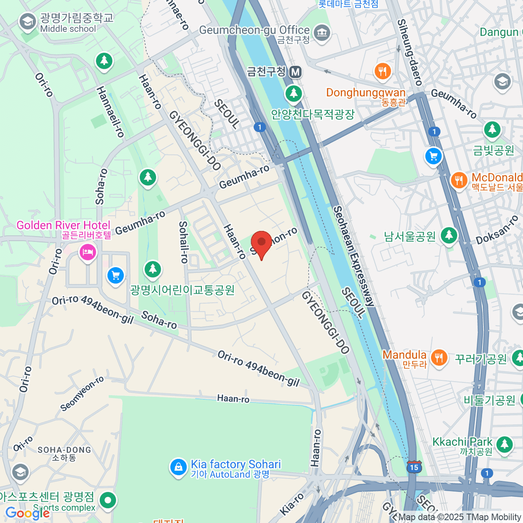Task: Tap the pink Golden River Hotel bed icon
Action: click(88, 252)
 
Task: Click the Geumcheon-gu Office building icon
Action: click(322, 33)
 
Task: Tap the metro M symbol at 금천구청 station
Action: click(295, 71)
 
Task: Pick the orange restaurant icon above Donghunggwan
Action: click(383, 71)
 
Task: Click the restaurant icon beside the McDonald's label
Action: click(458, 180)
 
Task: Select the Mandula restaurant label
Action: click(404, 355)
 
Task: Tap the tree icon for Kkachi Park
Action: click(504, 444)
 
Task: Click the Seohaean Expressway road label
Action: click(353, 257)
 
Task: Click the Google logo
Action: click(27, 513)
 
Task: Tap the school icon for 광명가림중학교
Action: click(27, 21)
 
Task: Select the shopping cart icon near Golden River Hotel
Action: click(115, 275)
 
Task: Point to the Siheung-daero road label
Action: click(410, 52)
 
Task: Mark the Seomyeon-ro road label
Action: click(82, 394)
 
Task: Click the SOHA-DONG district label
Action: click(65, 450)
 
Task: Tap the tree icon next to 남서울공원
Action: click(448, 236)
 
